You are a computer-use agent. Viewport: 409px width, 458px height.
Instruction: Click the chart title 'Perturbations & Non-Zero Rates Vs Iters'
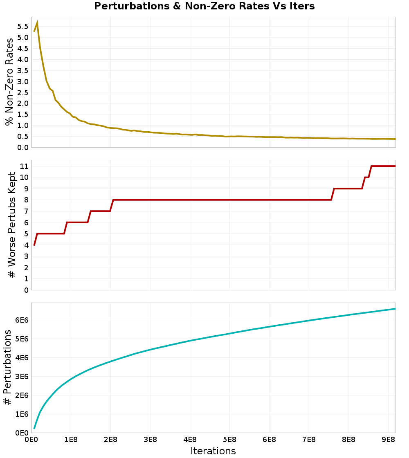tap(204, 6)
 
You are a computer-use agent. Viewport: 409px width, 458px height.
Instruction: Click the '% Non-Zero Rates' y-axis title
tap(9, 82)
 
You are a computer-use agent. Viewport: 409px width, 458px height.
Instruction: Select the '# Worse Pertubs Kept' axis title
tap(12, 225)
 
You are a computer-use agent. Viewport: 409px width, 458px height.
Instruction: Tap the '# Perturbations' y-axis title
tap(8, 367)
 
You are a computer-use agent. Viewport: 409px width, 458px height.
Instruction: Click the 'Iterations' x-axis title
tap(213, 451)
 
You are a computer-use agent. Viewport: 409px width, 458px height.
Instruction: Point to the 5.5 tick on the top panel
tap(23, 27)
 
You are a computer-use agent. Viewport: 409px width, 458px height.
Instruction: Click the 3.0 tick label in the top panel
tap(23, 81)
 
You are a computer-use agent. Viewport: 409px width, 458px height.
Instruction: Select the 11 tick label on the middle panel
tap(24, 166)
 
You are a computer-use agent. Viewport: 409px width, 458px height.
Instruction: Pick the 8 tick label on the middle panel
tap(26, 200)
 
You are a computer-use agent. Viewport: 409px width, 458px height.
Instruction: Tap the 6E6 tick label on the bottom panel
tap(22, 320)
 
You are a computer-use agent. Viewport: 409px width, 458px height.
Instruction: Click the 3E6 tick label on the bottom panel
tap(22, 377)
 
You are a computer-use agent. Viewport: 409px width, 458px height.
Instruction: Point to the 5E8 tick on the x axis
tap(229, 440)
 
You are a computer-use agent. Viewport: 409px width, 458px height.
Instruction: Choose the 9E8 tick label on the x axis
tap(388, 440)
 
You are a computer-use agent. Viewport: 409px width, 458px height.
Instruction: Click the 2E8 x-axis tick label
tap(111, 440)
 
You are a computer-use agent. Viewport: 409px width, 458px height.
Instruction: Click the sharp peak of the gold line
tap(37, 22)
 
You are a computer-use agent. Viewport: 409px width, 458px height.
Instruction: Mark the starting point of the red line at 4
tap(34, 245)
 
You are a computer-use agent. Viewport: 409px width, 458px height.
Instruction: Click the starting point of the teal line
tap(34, 429)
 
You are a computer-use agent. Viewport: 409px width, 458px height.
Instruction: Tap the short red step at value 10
tap(367, 177)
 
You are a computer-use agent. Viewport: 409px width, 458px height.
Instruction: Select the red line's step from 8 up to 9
tap(333, 194)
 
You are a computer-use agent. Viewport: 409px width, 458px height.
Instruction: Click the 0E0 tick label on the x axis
tap(31, 440)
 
